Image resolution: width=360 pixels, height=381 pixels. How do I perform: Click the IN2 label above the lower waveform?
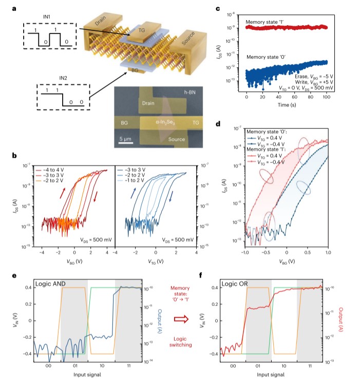[x=50, y=78]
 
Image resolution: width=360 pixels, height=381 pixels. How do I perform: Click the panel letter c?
[x=218, y=9]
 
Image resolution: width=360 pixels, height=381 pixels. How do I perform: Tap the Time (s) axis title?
[x=286, y=104]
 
